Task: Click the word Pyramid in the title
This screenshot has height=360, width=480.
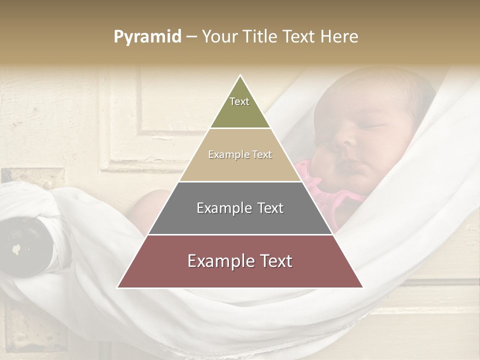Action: click(147, 37)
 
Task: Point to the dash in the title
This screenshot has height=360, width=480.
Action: click(191, 37)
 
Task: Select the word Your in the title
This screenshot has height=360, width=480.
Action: click(218, 37)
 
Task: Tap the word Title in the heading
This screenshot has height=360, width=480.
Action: click(259, 37)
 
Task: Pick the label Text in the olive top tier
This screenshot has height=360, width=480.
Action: click(239, 101)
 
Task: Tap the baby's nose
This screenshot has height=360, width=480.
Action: click(345, 141)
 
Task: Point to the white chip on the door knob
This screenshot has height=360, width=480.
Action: click(16, 248)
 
